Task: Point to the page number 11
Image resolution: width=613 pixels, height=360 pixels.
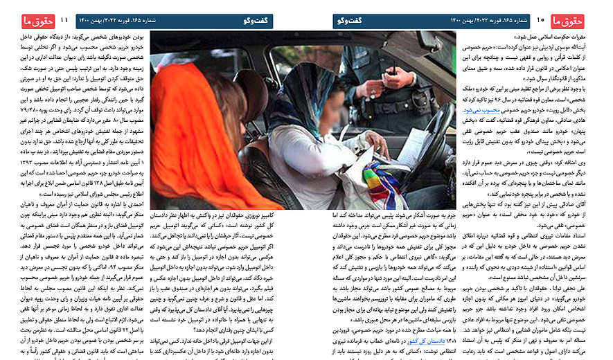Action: pyautogui.click(x=64, y=21)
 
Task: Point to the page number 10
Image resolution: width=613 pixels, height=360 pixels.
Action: pyautogui.click(x=542, y=21)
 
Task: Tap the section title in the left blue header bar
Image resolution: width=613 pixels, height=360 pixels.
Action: pyautogui.click(x=257, y=21)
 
